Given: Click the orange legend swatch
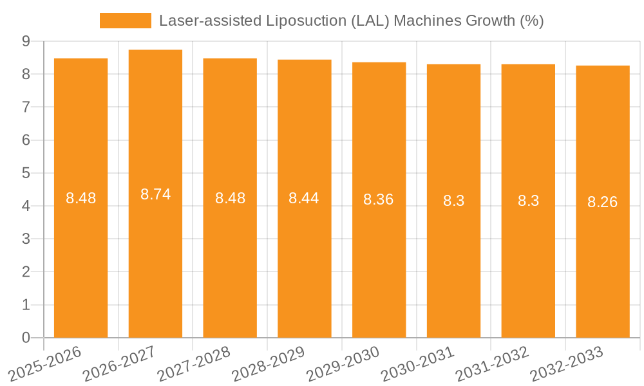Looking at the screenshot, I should click(125, 21).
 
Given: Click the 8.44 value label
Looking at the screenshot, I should click(304, 198).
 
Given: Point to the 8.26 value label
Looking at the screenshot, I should click(602, 202).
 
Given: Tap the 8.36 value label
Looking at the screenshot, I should click(379, 199).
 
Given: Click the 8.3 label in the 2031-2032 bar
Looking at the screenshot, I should click(528, 201).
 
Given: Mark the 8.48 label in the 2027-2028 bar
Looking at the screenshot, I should click(230, 198).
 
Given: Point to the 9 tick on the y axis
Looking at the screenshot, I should click(26, 41).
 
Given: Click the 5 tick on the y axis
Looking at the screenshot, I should click(26, 173).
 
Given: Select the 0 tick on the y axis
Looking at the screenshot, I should click(26, 338).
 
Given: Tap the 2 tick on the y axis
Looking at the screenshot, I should click(26, 272).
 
